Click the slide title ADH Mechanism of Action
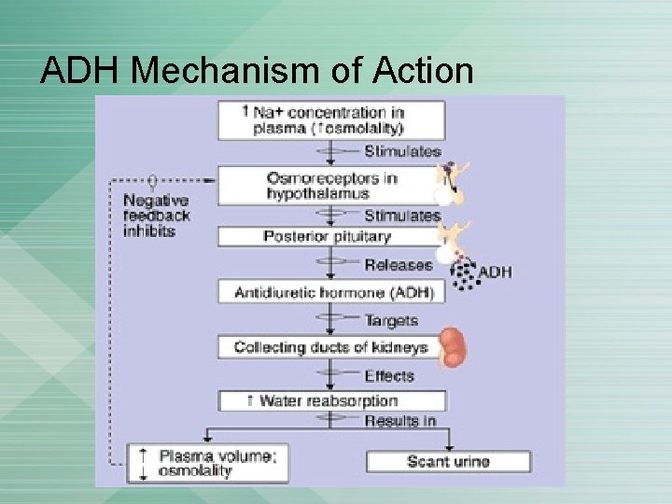[257, 71]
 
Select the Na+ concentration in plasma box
[331, 120]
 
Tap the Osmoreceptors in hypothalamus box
[331, 186]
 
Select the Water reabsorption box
[331, 400]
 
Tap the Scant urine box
[448, 461]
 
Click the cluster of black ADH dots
[463, 271]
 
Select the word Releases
[399, 264]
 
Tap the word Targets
[391, 320]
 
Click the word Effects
[389, 375]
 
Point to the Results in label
[400, 421]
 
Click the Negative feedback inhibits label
[157, 216]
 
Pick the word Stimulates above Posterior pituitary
[402, 215]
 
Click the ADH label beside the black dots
[495, 273]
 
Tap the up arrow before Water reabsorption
[250, 400]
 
